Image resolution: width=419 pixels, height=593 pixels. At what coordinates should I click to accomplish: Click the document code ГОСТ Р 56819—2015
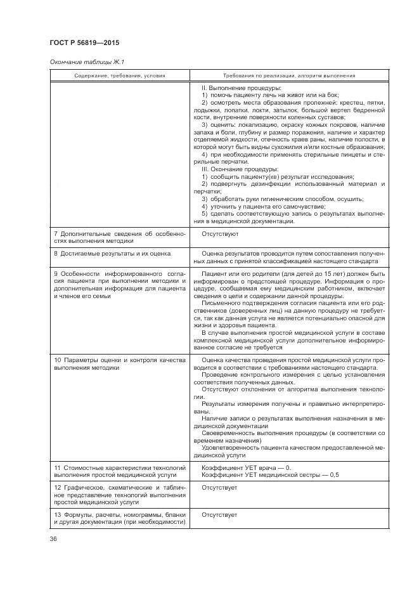[x=84, y=43]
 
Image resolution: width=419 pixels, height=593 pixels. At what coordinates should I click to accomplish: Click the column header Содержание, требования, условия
[x=119, y=75]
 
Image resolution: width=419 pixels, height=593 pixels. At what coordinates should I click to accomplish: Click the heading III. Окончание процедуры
[x=239, y=169]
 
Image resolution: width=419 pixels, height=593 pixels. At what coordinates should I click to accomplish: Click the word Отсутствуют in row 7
[x=219, y=234]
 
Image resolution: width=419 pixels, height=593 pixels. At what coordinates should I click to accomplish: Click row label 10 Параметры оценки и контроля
[x=119, y=363]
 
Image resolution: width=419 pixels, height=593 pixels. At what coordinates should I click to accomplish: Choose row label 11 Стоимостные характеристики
[x=119, y=471]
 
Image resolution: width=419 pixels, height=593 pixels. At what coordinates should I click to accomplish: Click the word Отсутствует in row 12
[x=219, y=487]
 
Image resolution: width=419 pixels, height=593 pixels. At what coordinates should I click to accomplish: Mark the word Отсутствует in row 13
[x=219, y=514]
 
